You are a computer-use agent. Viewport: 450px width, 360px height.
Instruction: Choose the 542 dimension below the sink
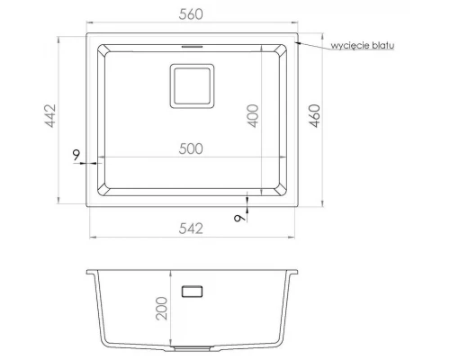coord(191,228)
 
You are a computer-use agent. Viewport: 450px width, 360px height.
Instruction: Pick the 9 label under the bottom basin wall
coord(238,216)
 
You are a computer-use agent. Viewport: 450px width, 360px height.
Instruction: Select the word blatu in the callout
coord(385,44)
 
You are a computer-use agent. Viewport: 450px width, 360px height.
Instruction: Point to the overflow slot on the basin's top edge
coord(192,43)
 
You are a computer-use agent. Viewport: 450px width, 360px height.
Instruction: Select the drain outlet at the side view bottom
coord(192,346)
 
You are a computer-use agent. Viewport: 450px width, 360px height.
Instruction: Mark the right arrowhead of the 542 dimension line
coord(291,238)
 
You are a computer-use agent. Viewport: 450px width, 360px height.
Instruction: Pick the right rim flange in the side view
coord(292,273)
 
